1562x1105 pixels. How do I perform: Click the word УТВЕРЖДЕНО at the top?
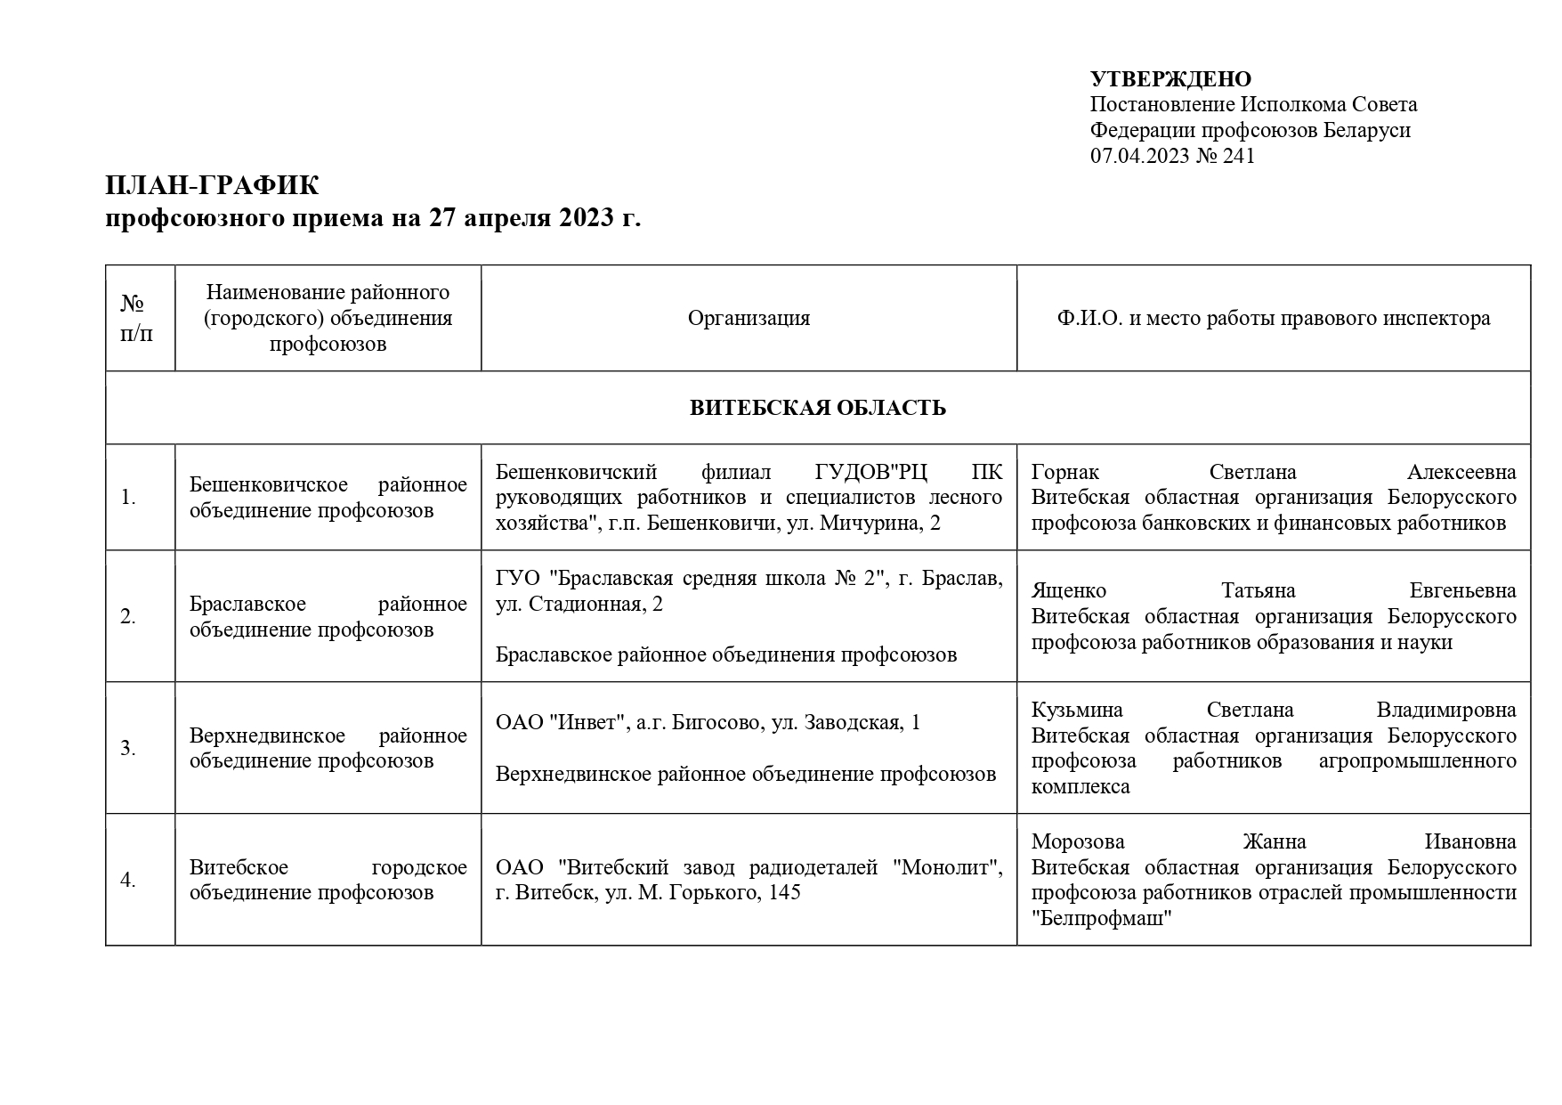[1170, 79]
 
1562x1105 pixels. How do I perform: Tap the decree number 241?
[1237, 156]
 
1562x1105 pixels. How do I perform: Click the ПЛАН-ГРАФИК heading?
[212, 186]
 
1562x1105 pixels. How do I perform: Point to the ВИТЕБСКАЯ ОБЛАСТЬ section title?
[817, 408]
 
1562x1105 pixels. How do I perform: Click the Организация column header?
[749, 318]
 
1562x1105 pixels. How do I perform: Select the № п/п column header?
[136, 319]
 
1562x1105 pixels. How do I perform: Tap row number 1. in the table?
[128, 498]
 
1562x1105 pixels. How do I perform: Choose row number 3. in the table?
[128, 748]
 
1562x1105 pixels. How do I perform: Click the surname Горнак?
[1065, 472]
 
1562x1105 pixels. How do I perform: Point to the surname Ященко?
[1068, 590]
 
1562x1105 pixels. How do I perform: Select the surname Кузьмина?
[1077, 710]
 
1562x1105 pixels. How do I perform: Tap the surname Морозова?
[1078, 841]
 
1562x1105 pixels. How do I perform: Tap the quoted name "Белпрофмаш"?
[1103, 919]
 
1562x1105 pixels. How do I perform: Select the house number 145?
[783, 891]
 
